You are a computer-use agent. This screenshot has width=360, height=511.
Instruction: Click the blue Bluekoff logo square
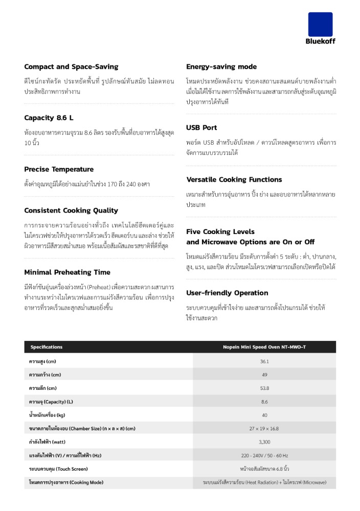point(320,25)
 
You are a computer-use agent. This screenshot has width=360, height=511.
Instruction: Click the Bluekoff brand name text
point(320,41)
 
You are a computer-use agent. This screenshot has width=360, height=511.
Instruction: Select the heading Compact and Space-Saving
point(71,67)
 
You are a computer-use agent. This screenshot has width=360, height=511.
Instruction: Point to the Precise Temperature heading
point(59,169)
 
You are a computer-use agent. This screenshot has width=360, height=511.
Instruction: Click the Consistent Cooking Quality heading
point(71,211)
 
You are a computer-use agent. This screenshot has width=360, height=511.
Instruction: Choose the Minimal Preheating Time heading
point(67,272)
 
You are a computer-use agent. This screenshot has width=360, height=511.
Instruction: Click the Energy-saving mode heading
point(221,67)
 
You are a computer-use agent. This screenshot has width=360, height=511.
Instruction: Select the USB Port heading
point(201,128)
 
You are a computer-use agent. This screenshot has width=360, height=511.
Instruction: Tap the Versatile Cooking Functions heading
point(234,180)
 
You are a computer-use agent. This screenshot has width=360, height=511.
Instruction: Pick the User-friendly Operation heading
point(227,293)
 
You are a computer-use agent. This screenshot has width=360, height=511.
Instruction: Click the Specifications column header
point(47,347)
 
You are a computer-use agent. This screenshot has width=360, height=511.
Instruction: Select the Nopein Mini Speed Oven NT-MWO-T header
point(264,347)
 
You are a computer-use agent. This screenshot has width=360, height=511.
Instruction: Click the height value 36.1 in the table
point(264,361)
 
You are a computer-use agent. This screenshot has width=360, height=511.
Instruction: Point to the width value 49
point(264,375)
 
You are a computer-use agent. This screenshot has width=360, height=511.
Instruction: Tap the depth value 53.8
point(264,388)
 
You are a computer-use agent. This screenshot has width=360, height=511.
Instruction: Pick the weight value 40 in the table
point(264,415)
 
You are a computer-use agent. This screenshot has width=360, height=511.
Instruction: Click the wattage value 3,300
point(264,442)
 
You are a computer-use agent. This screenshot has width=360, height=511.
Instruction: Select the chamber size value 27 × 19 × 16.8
point(264,428)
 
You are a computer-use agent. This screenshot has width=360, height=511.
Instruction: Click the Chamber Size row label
point(82,428)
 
